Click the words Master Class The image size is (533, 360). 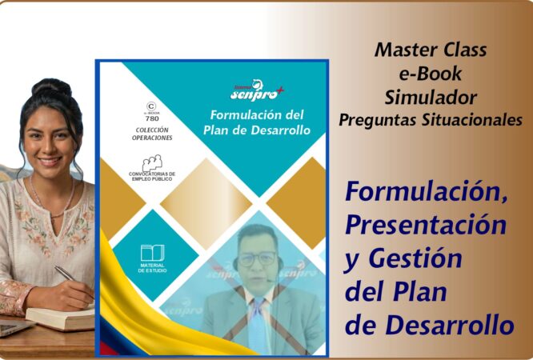[x=431, y=50]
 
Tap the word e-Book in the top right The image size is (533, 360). [x=431, y=74]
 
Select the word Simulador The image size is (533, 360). [x=431, y=98]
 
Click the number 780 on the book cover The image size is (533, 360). [x=150, y=118]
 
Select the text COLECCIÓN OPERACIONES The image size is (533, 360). [x=151, y=134]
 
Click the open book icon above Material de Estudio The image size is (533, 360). [x=152, y=253]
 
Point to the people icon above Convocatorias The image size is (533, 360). [x=152, y=162]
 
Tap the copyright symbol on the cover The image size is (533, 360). [x=150, y=106]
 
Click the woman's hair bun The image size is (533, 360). [x=52, y=86]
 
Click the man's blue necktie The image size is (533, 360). [x=256, y=320]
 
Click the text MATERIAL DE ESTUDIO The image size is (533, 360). [x=152, y=267]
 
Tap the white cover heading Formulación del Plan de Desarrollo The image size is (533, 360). [x=255, y=122]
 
